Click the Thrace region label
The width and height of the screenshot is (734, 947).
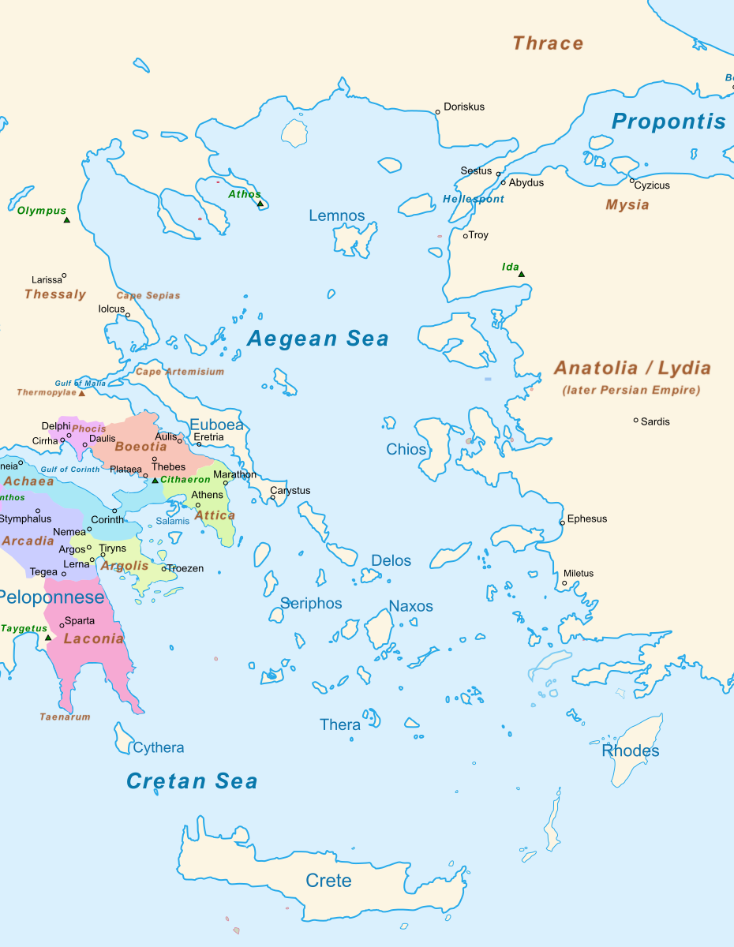coord(548,43)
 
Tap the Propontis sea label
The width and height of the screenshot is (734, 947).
coord(668,122)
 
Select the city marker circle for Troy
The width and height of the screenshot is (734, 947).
coord(466,236)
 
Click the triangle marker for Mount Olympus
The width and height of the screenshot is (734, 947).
coord(67,219)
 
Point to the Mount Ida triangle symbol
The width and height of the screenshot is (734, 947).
coord(521,275)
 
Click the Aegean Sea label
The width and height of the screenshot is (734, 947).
coord(317,339)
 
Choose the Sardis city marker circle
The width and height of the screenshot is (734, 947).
coord(635,421)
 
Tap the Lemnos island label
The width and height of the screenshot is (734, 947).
coord(337,215)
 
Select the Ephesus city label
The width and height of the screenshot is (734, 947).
coord(587,519)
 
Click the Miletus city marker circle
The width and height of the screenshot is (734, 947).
coord(564,584)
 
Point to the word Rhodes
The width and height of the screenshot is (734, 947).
coord(631,750)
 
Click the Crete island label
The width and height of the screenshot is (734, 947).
coord(328,881)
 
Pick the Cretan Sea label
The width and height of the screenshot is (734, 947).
coord(192,781)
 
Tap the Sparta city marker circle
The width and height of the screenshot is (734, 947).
coord(62,626)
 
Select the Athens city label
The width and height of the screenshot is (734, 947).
coord(208,495)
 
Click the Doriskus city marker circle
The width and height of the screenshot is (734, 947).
coord(438,112)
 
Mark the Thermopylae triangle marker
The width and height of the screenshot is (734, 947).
coord(81,393)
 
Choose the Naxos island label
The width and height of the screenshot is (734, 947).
coord(410,606)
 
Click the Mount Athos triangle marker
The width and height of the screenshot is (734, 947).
coord(260,204)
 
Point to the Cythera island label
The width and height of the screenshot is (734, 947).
coord(159,747)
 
